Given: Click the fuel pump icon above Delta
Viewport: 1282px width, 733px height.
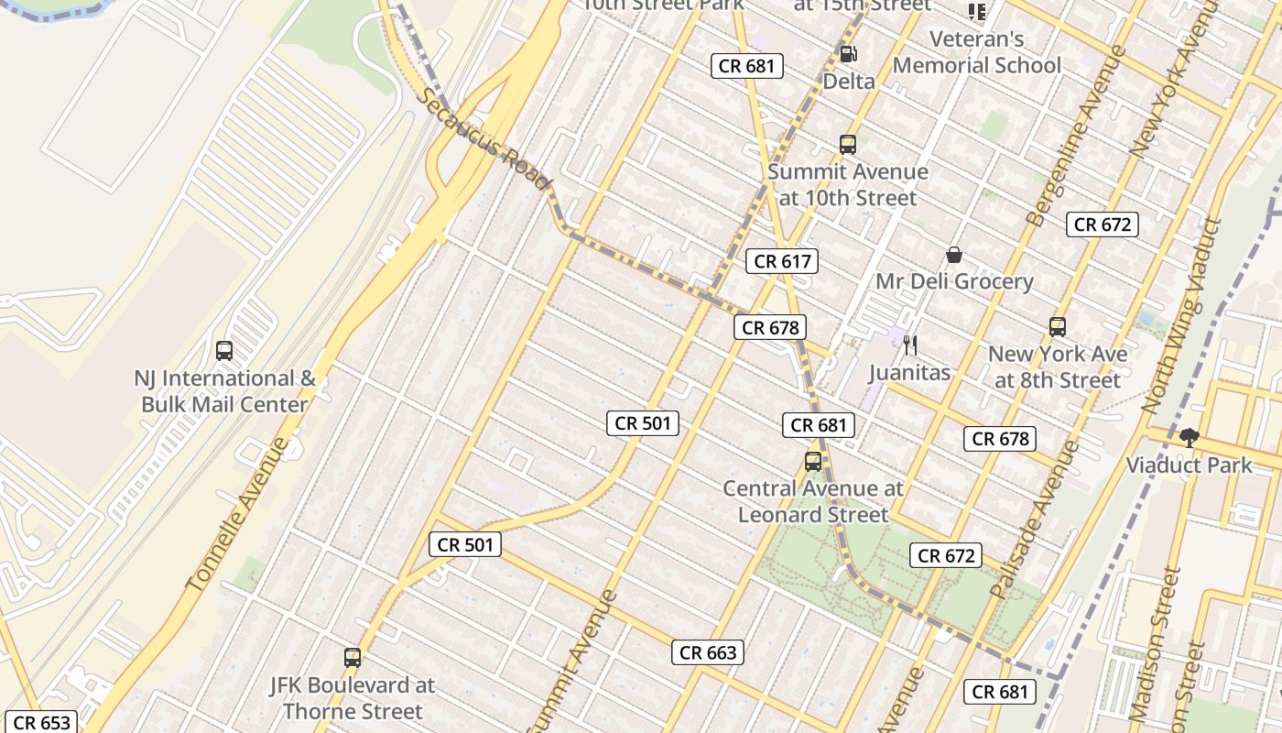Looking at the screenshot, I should pos(848,54).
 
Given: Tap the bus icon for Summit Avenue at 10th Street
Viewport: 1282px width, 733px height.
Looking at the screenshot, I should pos(848,144).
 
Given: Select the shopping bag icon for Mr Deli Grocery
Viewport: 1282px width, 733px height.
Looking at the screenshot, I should pos(954,254).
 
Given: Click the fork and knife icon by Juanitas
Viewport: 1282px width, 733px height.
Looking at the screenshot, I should pos(909,345).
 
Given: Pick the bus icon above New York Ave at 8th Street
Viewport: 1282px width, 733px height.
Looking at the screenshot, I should pos(1058,326).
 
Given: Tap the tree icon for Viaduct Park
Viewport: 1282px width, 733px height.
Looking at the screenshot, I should pos(1189,437).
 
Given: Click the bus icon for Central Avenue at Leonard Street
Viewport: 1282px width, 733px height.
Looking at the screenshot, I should pos(813,462).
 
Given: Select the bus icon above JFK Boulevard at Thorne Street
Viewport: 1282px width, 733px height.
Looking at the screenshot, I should pos(353,657).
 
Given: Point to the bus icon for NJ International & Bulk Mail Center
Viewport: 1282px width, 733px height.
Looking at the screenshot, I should pos(224,350).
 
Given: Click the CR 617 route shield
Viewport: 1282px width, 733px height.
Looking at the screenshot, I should pos(781,261).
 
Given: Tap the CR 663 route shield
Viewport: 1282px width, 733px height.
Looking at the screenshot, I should pos(707,652).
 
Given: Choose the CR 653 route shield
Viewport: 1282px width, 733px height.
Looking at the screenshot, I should pos(42,722).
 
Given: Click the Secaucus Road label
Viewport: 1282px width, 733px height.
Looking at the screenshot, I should pos(485,138).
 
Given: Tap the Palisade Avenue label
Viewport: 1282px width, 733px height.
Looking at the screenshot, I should pos(1035,520).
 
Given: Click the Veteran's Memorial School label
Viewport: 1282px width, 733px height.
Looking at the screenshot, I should pos(976,52).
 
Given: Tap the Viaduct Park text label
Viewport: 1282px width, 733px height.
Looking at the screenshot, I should pos(1189,465).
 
